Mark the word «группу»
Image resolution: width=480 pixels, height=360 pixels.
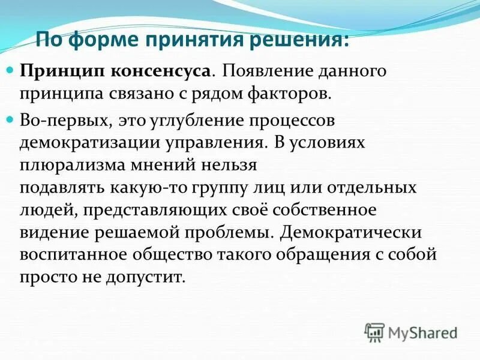[x=227, y=187]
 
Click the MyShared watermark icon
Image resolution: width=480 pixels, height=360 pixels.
[x=374, y=332]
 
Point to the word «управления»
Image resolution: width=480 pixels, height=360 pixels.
[x=214, y=142]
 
